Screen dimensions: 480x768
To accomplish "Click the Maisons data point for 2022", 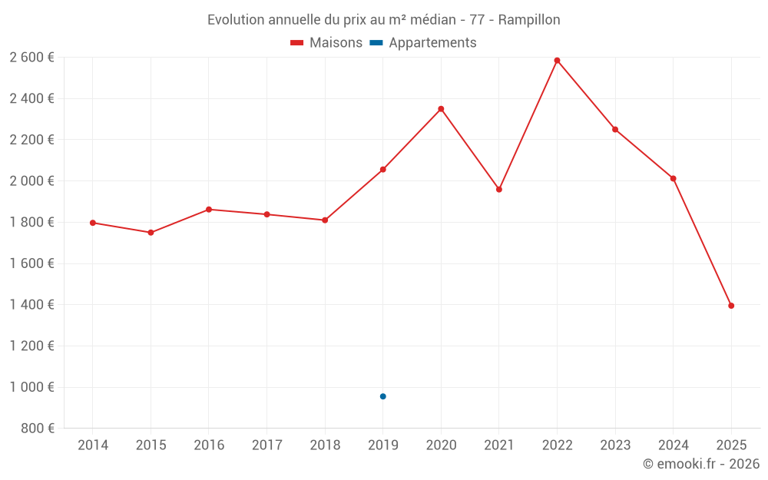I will click(557, 61).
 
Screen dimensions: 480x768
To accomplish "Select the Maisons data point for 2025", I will click(731, 306).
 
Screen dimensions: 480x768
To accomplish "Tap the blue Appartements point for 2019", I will click(382, 396).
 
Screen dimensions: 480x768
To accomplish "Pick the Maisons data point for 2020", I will click(441, 109).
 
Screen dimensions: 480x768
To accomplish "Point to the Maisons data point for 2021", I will click(499, 189).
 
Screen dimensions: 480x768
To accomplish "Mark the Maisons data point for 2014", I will click(93, 223).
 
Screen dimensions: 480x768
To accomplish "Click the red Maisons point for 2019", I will click(382, 170).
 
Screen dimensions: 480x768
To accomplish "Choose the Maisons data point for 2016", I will click(209, 210).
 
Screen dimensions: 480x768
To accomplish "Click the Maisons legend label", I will click(336, 43).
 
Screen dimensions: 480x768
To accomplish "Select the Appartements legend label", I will click(432, 43).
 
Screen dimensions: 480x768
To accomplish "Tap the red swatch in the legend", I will click(297, 43).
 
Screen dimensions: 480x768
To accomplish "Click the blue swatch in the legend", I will click(376, 43).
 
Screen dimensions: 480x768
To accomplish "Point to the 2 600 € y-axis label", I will click(31, 58).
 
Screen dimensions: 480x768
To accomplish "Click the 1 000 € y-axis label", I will click(31, 387).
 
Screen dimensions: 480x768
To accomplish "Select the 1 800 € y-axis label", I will click(31, 223).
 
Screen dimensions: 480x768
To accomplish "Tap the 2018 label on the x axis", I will click(325, 445).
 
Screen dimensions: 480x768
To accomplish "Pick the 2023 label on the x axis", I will click(615, 445).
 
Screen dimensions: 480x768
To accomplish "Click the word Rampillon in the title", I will click(529, 19).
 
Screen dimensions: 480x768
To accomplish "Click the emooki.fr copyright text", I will click(700, 464).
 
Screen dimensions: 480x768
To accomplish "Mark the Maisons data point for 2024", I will click(673, 178).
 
